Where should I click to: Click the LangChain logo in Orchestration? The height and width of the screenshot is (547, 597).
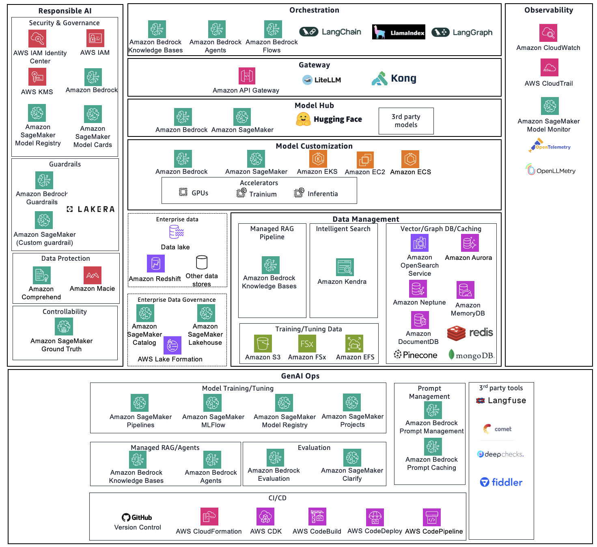[330, 32]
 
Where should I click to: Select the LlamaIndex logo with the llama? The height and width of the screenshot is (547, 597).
[399, 32]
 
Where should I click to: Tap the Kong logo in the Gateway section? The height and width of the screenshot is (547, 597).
[394, 78]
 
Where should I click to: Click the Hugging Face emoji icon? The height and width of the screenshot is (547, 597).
[303, 119]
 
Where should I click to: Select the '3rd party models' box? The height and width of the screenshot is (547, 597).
[406, 121]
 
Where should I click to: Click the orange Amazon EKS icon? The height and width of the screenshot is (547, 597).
[318, 159]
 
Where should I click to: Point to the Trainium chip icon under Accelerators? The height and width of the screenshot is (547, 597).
[241, 193]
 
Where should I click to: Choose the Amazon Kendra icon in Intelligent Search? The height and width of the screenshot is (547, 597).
[345, 267]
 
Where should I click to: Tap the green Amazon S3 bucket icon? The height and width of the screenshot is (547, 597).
[263, 344]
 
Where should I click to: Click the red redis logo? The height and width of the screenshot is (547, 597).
[470, 333]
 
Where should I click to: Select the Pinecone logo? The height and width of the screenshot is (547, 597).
[416, 355]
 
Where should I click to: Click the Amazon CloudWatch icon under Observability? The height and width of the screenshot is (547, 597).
[548, 33]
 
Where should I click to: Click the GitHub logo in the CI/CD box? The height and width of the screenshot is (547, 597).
[137, 517]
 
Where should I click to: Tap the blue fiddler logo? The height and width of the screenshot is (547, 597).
[501, 482]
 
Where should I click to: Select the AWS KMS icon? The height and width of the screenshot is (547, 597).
[37, 77]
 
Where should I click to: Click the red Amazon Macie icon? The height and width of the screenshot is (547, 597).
[92, 275]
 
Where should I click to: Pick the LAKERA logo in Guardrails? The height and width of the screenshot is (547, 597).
[91, 209]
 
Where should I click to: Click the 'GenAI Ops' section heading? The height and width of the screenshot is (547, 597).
[300, 376]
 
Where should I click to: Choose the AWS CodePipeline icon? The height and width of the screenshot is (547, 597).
[431, 517]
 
